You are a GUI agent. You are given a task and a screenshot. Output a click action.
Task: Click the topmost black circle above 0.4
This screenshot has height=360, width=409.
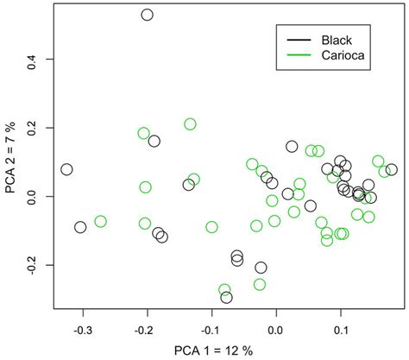click(x=147, y=15)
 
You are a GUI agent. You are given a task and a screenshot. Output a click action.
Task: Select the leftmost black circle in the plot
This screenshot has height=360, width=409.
click(x=66, y=169)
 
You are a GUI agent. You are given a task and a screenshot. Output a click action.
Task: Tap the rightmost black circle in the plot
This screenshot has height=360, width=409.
click(x=391, y=170)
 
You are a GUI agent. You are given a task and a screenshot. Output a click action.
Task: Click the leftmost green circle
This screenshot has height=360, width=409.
click(x=100, y=222)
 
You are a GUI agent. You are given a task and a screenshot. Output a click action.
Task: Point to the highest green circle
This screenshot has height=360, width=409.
click(x=190, y=124)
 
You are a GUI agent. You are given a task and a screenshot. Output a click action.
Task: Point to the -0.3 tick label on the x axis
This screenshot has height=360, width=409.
click(x=83, y=328)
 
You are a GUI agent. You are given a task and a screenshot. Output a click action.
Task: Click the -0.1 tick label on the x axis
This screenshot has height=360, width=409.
click(x=211, y=328)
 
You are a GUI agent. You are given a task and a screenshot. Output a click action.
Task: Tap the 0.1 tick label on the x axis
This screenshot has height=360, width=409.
click(x=341, y=328)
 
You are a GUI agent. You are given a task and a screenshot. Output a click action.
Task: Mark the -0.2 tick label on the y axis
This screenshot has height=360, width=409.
click(x=36, y=265)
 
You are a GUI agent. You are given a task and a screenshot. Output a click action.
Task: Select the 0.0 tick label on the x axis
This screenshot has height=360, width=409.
click(x=276, y=328)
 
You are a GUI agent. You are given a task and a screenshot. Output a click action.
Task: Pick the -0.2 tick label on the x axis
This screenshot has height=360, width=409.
click(x=147, y=328)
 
